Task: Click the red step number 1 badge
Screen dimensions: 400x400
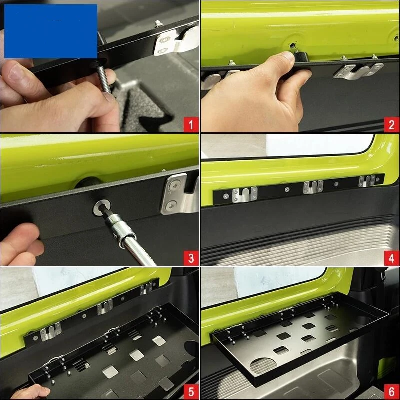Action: tap(191, 125)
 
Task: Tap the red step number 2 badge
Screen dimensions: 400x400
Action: tap(392, 125)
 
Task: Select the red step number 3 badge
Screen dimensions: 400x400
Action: tap(191, 258)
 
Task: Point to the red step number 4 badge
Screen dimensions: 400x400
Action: tap(392, 258)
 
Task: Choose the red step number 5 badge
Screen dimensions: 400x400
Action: tap(191, 392)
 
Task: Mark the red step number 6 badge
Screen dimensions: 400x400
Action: tap(392, 392)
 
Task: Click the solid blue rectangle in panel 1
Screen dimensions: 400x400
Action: tap(51, 31)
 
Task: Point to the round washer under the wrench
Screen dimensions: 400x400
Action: tap(102, 208)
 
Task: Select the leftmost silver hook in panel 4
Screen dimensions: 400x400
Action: tap(245, 195)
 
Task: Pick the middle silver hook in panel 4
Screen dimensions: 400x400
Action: tap(313, 186)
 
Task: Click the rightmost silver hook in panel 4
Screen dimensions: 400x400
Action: tap(367, 181)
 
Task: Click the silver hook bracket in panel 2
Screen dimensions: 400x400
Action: tap(358, 71)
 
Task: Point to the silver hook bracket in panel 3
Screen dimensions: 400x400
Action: tap(180, 194)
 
